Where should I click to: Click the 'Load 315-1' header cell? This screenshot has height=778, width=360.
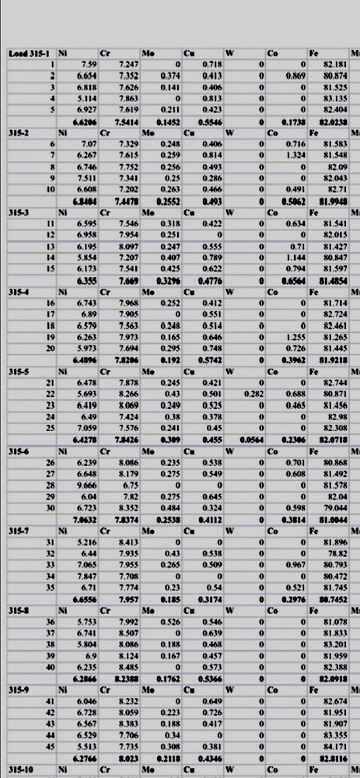(26, 53)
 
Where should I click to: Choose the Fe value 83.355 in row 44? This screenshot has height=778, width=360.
(335, 735)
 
